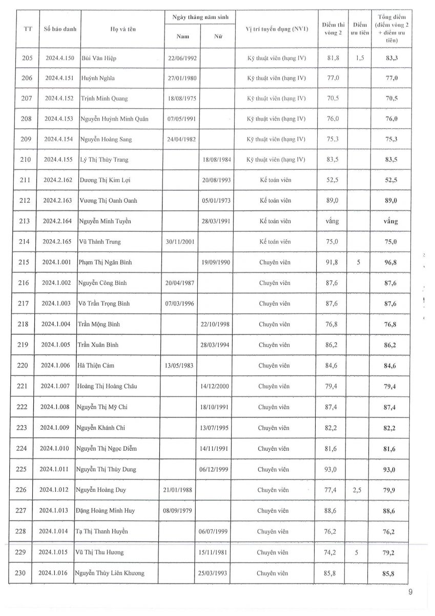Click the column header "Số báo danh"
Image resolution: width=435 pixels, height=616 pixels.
pos(60,29)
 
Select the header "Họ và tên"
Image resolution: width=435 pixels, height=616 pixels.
pos(123,30)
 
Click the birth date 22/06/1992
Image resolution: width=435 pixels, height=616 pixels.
pos(182,58)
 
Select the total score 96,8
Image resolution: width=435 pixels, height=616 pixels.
pos(391,262)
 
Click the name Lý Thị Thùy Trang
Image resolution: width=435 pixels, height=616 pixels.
pos(104,160)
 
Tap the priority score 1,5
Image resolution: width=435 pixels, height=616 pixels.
pos(360,58)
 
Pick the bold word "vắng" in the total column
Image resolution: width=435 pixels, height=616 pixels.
pos(391,221)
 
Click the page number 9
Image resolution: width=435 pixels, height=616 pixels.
pos(410,592)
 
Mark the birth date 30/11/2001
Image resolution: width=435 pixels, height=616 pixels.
pos(180,242)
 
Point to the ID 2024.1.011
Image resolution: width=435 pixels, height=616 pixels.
pos(54,469)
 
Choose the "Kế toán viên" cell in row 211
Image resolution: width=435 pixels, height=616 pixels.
pos(275,180)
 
